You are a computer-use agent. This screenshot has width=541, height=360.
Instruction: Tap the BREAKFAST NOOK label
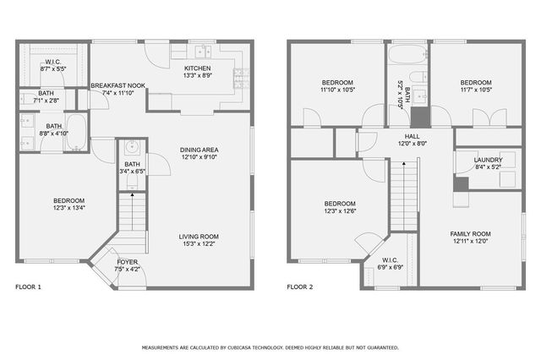tap(118, 85)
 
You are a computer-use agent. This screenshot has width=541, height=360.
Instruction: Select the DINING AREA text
tap(199, 150)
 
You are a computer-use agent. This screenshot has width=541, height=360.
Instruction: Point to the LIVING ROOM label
tap(199, 236)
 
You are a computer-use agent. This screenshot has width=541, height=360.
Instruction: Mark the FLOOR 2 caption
tap(299, 287)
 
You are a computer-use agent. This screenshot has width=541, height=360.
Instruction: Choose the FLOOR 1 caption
tap(28, 287)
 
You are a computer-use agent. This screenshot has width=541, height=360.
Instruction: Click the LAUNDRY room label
tap(488, 159)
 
